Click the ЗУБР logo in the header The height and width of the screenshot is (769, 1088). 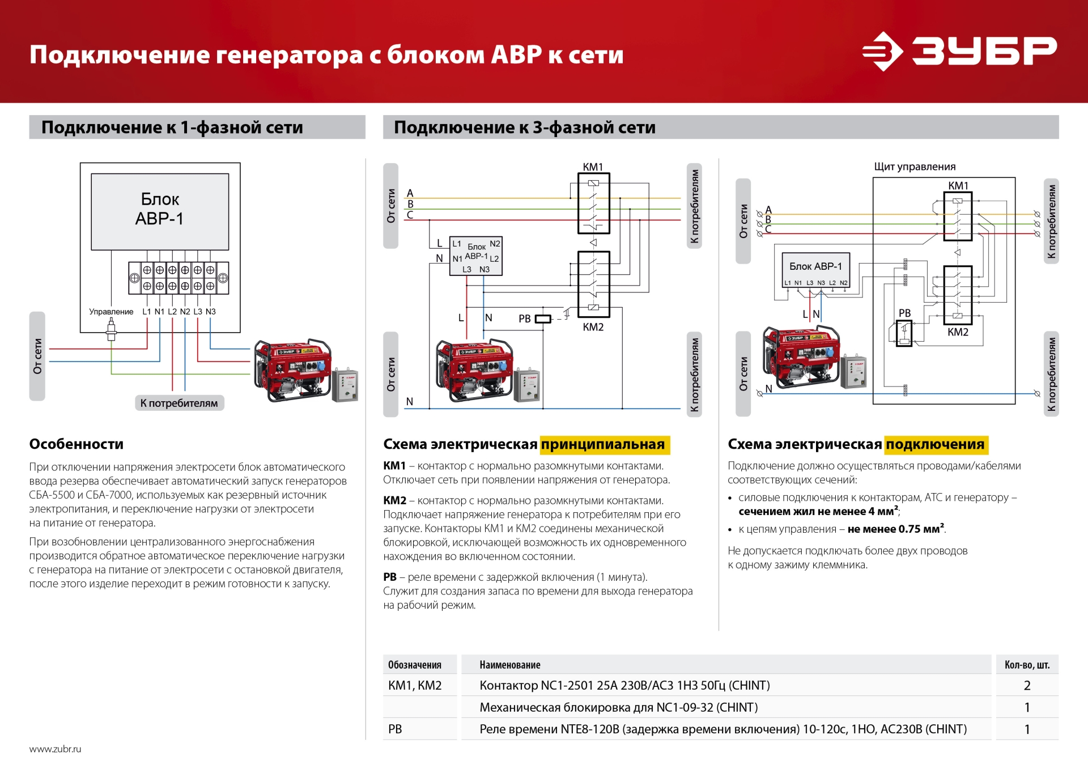coord(959,51)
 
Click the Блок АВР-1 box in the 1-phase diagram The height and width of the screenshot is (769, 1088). coord(160,211)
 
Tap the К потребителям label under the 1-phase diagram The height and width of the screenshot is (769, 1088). coord(179,403)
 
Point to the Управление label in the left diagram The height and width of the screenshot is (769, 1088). coord(111,312)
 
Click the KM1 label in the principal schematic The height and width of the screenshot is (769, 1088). coord(593,167)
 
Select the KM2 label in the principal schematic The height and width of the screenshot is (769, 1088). coord(593,327)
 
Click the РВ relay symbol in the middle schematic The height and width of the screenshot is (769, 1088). coord(542,319)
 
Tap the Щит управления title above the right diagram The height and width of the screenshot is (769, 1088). coord(915,167)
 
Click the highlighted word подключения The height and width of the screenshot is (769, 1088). coord(936,444)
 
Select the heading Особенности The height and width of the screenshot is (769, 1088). coord(76,444)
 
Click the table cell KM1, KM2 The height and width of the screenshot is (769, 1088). coord(415,685)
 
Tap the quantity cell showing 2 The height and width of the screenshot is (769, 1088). coord(1027,685)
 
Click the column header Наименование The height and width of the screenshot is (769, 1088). coord(510,665)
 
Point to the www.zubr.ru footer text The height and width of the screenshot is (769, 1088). coord(55,749)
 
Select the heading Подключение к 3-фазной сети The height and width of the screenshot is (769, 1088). coord(525,128)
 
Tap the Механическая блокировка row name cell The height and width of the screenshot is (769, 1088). coord(618,707)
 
